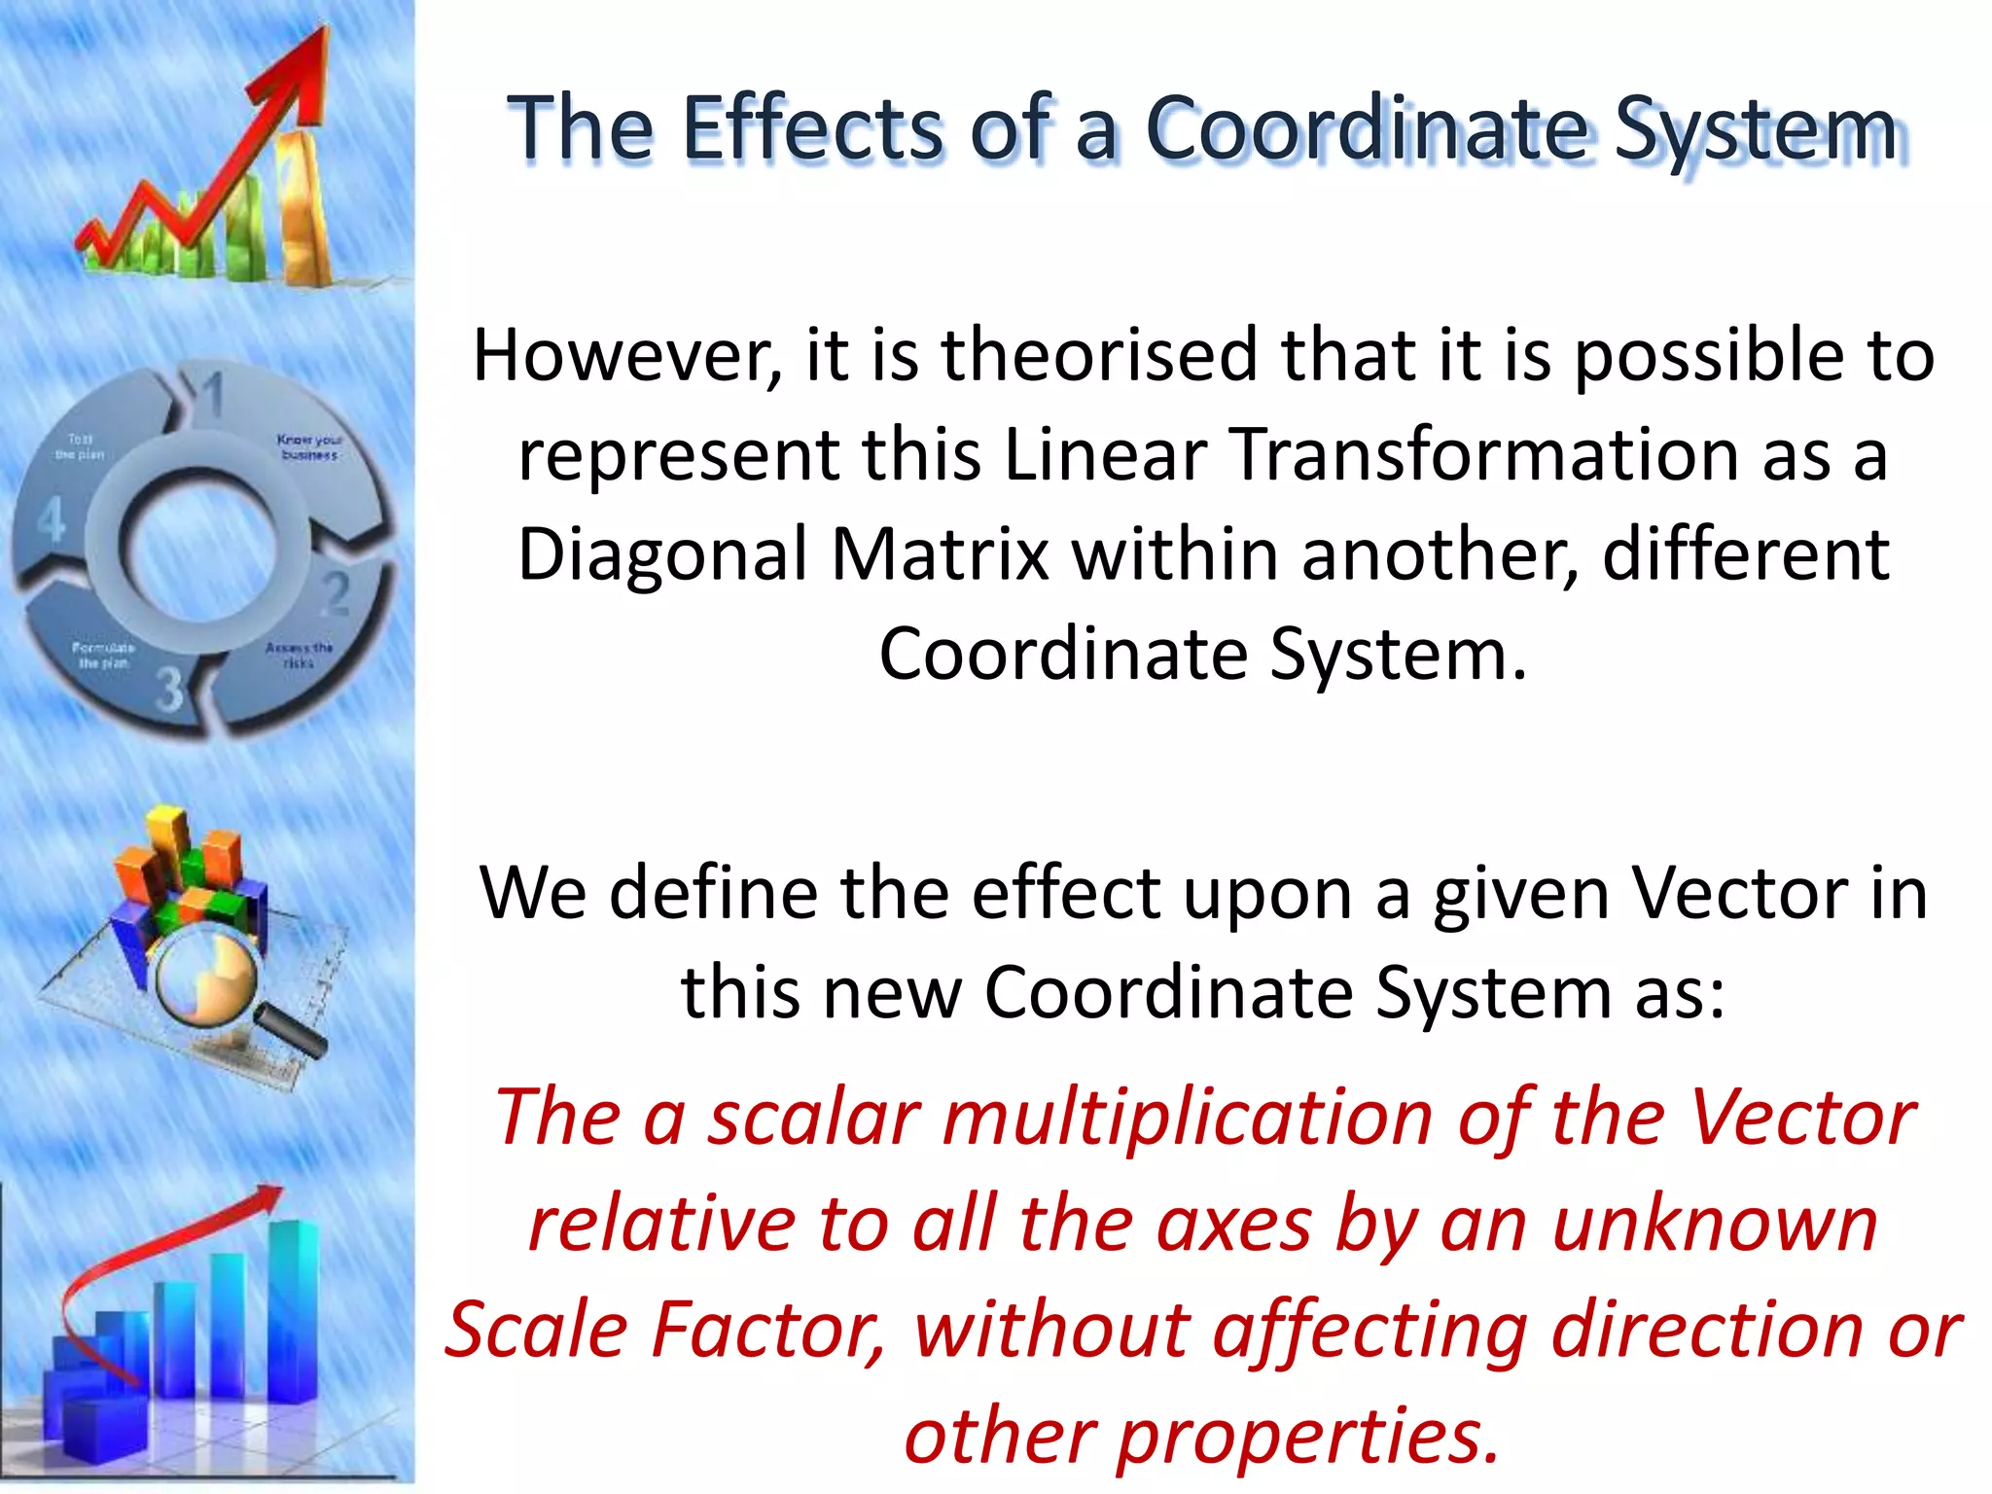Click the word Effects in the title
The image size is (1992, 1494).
coord(812,128)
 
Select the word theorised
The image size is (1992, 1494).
coord(1099,356)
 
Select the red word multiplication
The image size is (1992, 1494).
coord(1188,1118)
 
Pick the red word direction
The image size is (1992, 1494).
coord(1707,1330)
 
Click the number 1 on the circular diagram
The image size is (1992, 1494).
coord(212,395)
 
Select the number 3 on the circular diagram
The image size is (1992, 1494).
coord(170,688)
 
